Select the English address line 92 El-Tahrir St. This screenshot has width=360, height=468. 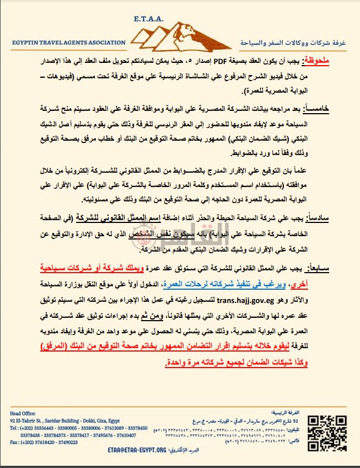coord(33,419)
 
